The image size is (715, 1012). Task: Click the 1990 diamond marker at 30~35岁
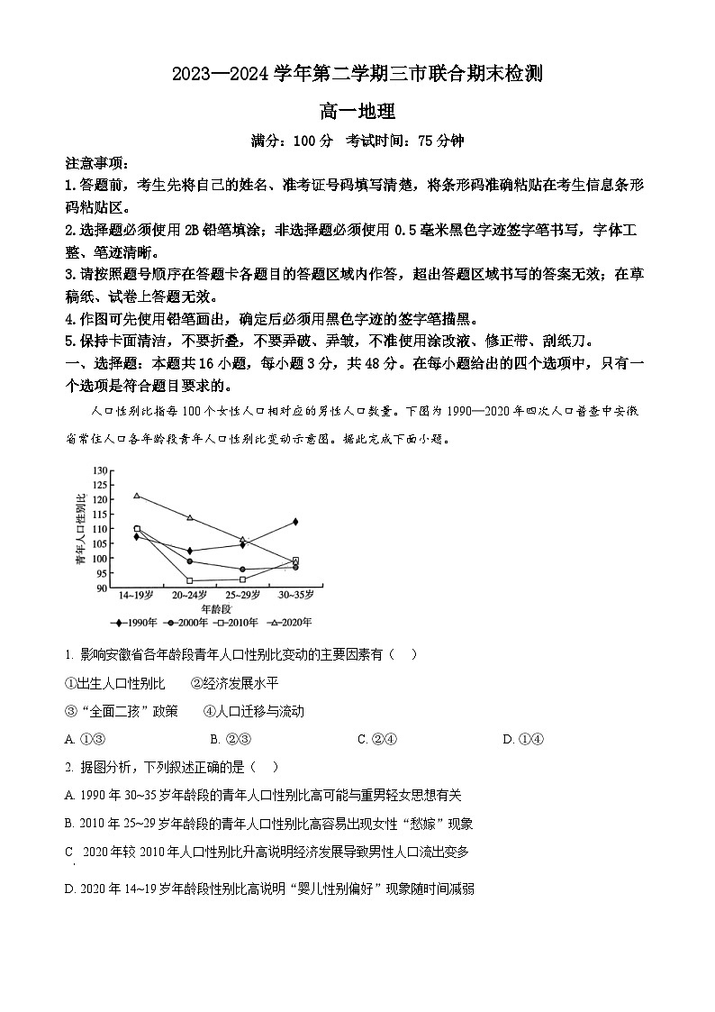click(295, 522)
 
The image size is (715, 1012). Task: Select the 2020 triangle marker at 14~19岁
click(137, 496)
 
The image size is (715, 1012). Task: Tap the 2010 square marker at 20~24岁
click(189, 580)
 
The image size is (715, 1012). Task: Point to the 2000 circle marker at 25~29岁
click(243, 570)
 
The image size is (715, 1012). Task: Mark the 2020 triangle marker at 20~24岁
click(189, 517)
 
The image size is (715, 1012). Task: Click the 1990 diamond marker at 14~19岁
click(137, 537)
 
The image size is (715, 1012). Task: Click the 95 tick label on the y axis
click(102, 573)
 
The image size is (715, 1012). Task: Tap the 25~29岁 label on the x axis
click(242, 595)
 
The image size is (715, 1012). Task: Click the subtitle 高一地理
click(357, 113)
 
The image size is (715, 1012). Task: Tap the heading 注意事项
click(97, 163)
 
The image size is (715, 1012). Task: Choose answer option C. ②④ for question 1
click(377, 740)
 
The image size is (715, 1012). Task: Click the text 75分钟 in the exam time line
click(440, 141)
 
